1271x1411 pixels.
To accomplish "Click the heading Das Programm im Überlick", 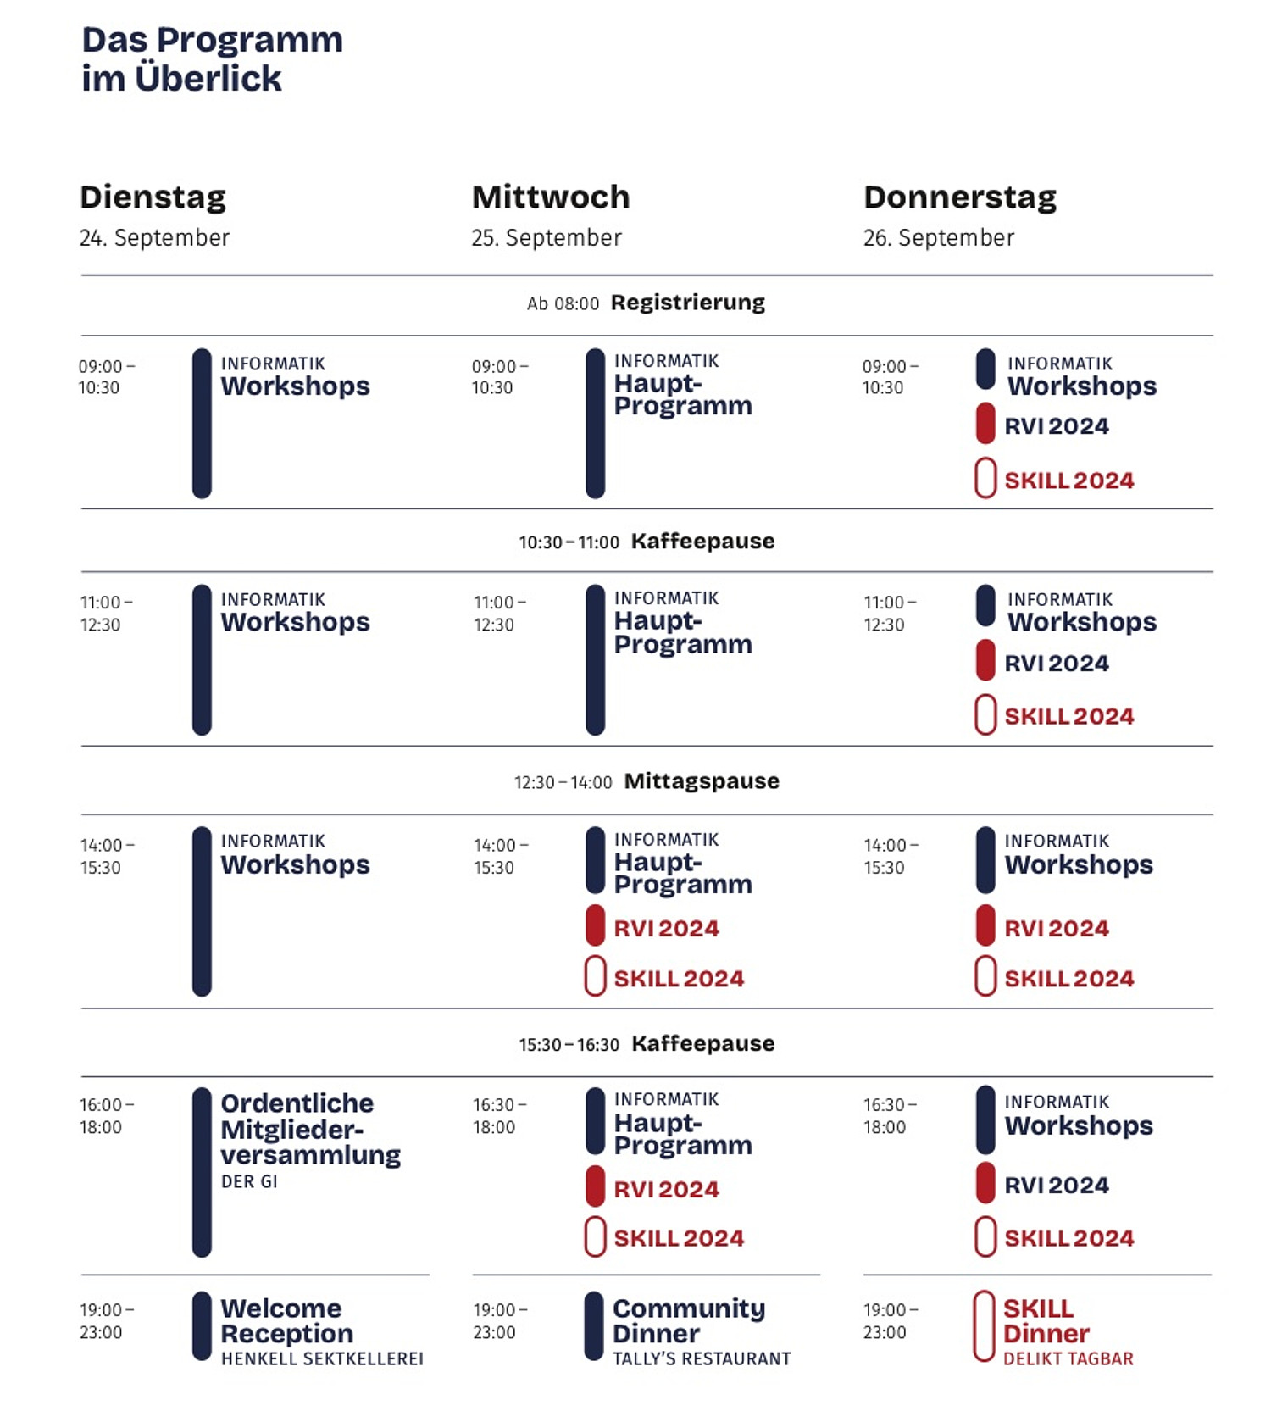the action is coord(213,58).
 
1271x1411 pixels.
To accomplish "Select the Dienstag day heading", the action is coord(153,197).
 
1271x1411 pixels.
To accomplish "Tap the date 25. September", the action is coord(547,238).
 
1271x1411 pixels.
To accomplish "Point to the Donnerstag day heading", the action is coord(960,197).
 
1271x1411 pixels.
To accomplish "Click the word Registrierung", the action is coord(688,303).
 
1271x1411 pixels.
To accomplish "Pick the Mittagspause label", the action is coord(702,780).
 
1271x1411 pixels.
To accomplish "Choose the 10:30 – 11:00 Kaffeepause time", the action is coord(569,542).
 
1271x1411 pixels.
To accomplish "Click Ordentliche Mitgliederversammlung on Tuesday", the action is coord(310,1129).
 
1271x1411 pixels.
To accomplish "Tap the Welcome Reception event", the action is coord(286,1320).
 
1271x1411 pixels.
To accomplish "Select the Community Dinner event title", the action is coord(689,1320).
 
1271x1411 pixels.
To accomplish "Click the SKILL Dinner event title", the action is coord(1046,1320).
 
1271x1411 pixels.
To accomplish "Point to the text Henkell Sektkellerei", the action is coord(322,1358).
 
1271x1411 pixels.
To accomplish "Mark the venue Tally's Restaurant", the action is coord(702,1358).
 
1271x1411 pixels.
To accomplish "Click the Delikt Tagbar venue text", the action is coord(1068,1358).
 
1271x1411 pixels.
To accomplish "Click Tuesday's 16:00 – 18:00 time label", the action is coord(106,1116).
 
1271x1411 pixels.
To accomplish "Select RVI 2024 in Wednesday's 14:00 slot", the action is coord(666,929).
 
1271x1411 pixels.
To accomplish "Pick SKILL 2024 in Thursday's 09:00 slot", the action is coord(1069,481).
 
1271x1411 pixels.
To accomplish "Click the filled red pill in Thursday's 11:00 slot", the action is coord(985,661).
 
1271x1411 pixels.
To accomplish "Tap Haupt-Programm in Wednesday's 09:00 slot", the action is coord(683,394).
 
